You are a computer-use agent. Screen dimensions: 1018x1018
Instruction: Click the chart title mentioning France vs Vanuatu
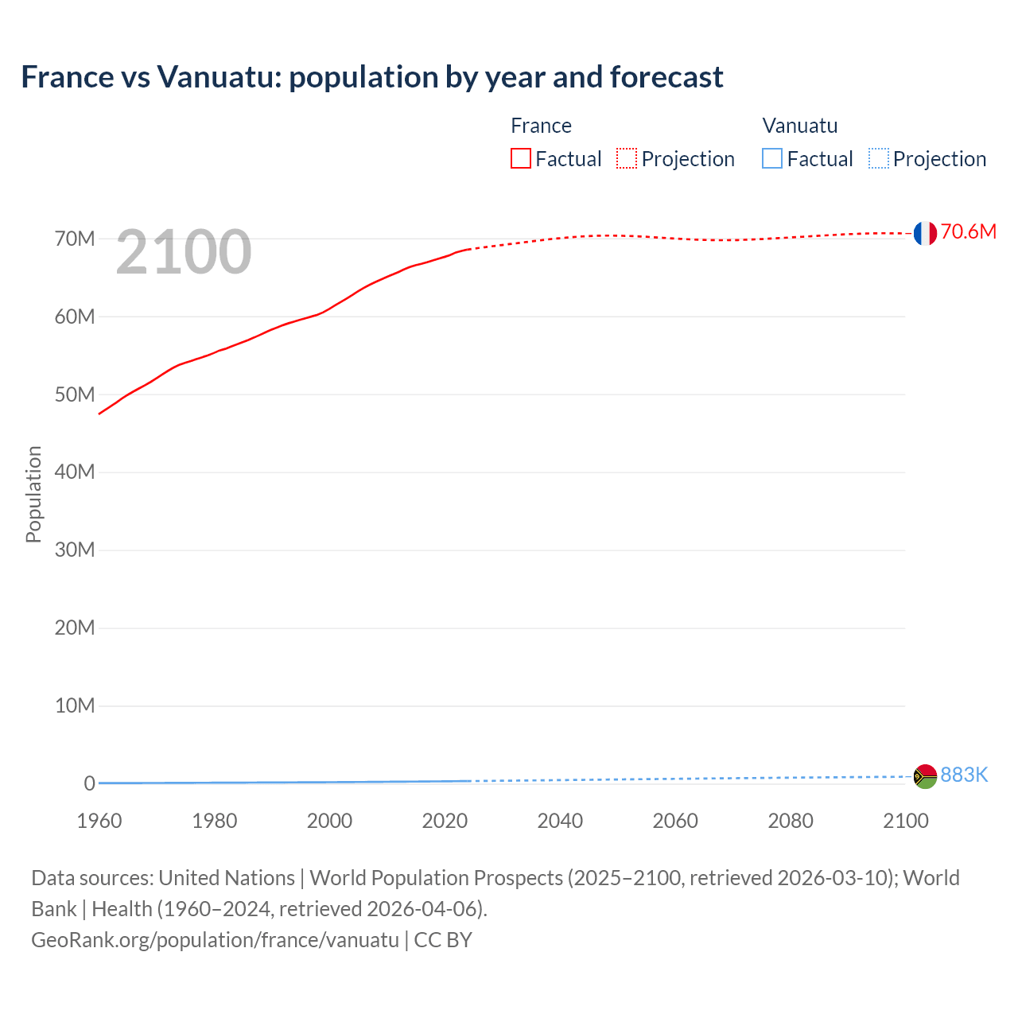[371, 77]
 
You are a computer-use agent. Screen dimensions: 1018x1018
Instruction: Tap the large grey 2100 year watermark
[184, 252]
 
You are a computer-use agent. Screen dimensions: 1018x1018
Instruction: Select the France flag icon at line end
[925, 233]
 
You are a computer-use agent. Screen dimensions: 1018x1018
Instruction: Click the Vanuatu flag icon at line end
[925, 776]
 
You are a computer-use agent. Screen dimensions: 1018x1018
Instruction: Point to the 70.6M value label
[968, 231]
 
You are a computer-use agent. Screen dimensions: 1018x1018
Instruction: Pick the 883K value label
[964, 775]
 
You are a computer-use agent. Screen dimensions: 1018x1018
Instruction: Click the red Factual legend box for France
[521, 159]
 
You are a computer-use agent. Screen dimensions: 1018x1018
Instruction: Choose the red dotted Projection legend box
[627, 159]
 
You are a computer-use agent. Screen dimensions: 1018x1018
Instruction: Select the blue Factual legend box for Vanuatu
[772, 159]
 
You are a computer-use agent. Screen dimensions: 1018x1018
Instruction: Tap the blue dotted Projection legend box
[878, 159]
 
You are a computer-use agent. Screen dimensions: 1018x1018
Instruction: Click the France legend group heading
[541, 126]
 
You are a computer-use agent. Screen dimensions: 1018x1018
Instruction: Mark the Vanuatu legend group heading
[799, 126]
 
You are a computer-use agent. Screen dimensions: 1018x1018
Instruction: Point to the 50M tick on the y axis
[75, 394]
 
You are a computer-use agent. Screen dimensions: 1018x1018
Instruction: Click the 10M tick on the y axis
[75, 705]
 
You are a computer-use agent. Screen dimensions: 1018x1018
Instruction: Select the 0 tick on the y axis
[89, 783]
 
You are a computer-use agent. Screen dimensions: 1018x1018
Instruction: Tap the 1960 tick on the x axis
[99, 821]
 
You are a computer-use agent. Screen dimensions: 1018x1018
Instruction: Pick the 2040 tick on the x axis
[560, 821]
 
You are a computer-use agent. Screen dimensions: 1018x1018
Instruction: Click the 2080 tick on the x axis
[791, 821]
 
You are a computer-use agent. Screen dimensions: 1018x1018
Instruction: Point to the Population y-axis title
[33, 494]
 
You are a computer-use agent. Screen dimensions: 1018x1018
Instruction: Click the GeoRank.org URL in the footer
[215, 940]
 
